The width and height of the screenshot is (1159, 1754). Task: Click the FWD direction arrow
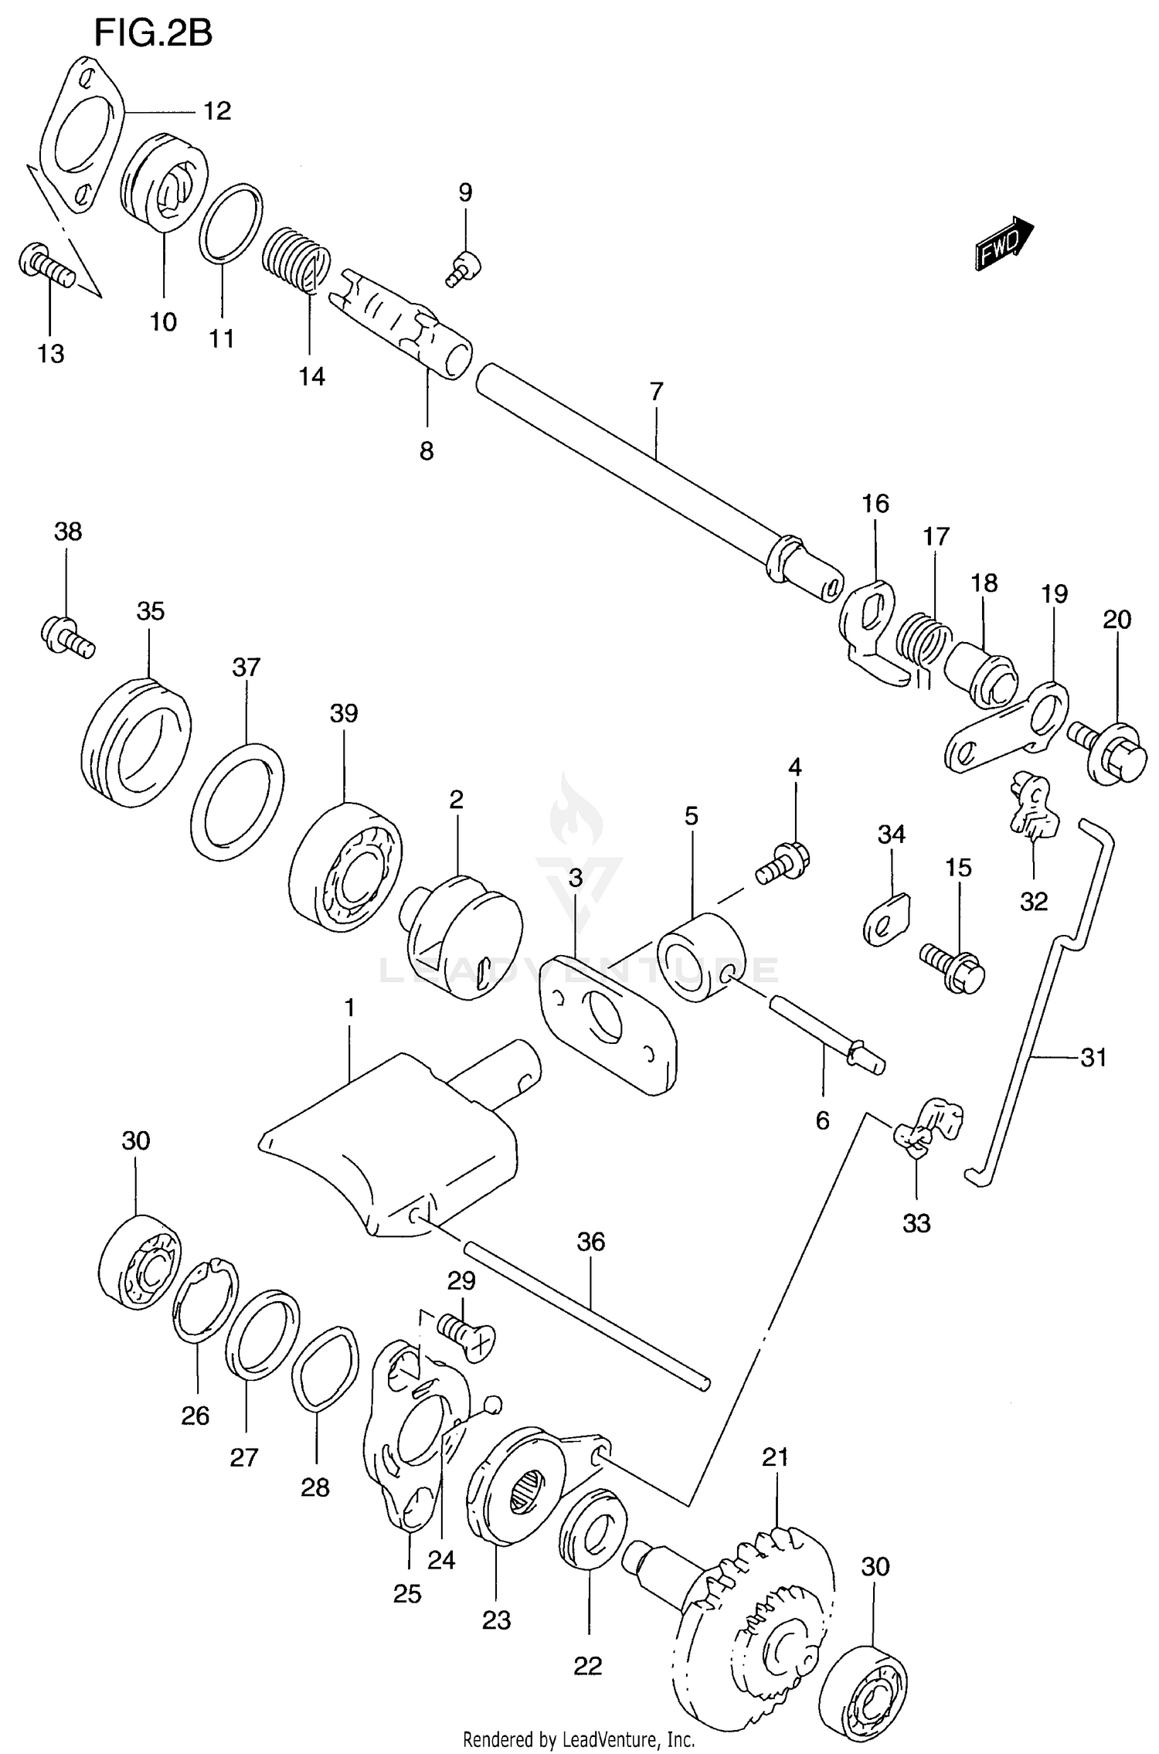pyautogui.click(x=1003, y=243)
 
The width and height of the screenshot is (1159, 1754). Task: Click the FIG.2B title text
pyautogui.click(x=153, y=34)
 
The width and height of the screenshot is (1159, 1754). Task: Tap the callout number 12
pyautogui.click(x=217, y=111)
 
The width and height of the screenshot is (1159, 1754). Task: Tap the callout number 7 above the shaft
pyautogui.click(x=656, y=392)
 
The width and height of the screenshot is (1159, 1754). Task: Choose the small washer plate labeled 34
pyautogui.click(x=887, y=919)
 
